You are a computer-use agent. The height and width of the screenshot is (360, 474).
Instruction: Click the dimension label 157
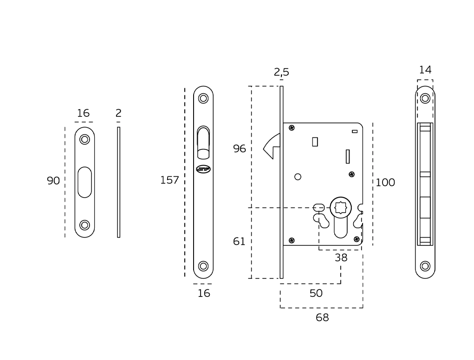pyautogui.click(x=169, y=180)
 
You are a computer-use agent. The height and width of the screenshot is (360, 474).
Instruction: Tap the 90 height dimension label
pyautogui.click(x=53, y=181)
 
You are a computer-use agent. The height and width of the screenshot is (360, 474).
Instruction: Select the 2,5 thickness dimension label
pyautogui.click(x=281, y=72)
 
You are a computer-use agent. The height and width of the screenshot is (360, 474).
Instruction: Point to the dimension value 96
pyautogui.click(x=240, y=149)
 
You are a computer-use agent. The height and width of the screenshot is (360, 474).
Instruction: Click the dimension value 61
pyautogui.click(x=239, y=242)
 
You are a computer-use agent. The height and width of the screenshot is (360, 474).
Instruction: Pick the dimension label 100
pyautogui.click(x=385, y=183)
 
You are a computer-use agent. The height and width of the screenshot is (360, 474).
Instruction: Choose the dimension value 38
pyautogui.click(x=341, y=258)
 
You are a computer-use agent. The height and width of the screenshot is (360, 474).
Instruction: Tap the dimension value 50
pyautogui.click(x=316, y=293)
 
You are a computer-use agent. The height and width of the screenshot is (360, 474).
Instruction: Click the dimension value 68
pyautogui.click(x=322, y=318)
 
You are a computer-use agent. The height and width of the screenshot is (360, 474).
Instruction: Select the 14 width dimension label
pyautogui.click(x=425, y=70)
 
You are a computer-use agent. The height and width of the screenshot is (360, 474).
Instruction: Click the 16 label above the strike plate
pyautogui.click(x=83, y=113)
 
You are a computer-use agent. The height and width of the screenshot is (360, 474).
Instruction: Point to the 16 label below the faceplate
pyautogui.click(x=204, y=293)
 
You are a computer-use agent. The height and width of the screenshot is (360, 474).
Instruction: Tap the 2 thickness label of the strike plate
pyautogui.click(x=118, y=113)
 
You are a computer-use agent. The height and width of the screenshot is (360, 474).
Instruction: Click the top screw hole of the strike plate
pyautogui.click(x=84, y=139)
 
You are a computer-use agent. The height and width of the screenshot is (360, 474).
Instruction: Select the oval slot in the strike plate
pyautogui.click(x=84, y=182)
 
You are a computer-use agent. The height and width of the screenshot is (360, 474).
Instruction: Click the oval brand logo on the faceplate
pyautogui.click(x=203, y=169)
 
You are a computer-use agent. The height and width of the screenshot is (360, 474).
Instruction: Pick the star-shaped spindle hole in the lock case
pyautogui.click(x=340, y=207)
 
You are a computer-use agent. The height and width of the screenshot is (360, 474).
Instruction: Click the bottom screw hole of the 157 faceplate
pyautogui.click(x=203, y=266)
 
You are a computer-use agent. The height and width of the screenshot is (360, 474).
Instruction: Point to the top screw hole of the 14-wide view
pyautogui.click(x=425, y=98)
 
